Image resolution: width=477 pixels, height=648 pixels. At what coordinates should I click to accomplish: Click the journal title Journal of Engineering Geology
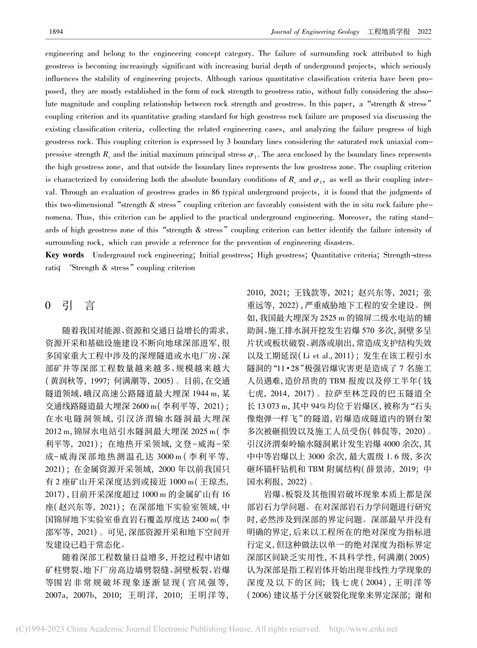pos(314,31)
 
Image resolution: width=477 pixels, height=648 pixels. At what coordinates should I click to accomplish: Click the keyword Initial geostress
pos(225,255)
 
